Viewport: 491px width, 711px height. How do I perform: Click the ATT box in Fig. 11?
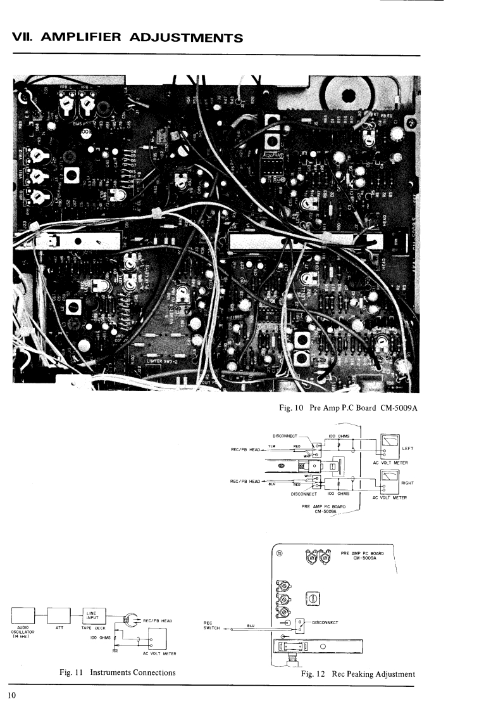click(x=60, y=615)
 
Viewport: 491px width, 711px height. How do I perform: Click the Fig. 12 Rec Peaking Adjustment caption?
click(x=358, y=673)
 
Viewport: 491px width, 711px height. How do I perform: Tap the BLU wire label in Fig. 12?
click(x=250, y=624)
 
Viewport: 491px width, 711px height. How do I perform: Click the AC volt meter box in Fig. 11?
click(x=150, y=640)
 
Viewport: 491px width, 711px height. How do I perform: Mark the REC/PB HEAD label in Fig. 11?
click(x=159, y=620)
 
